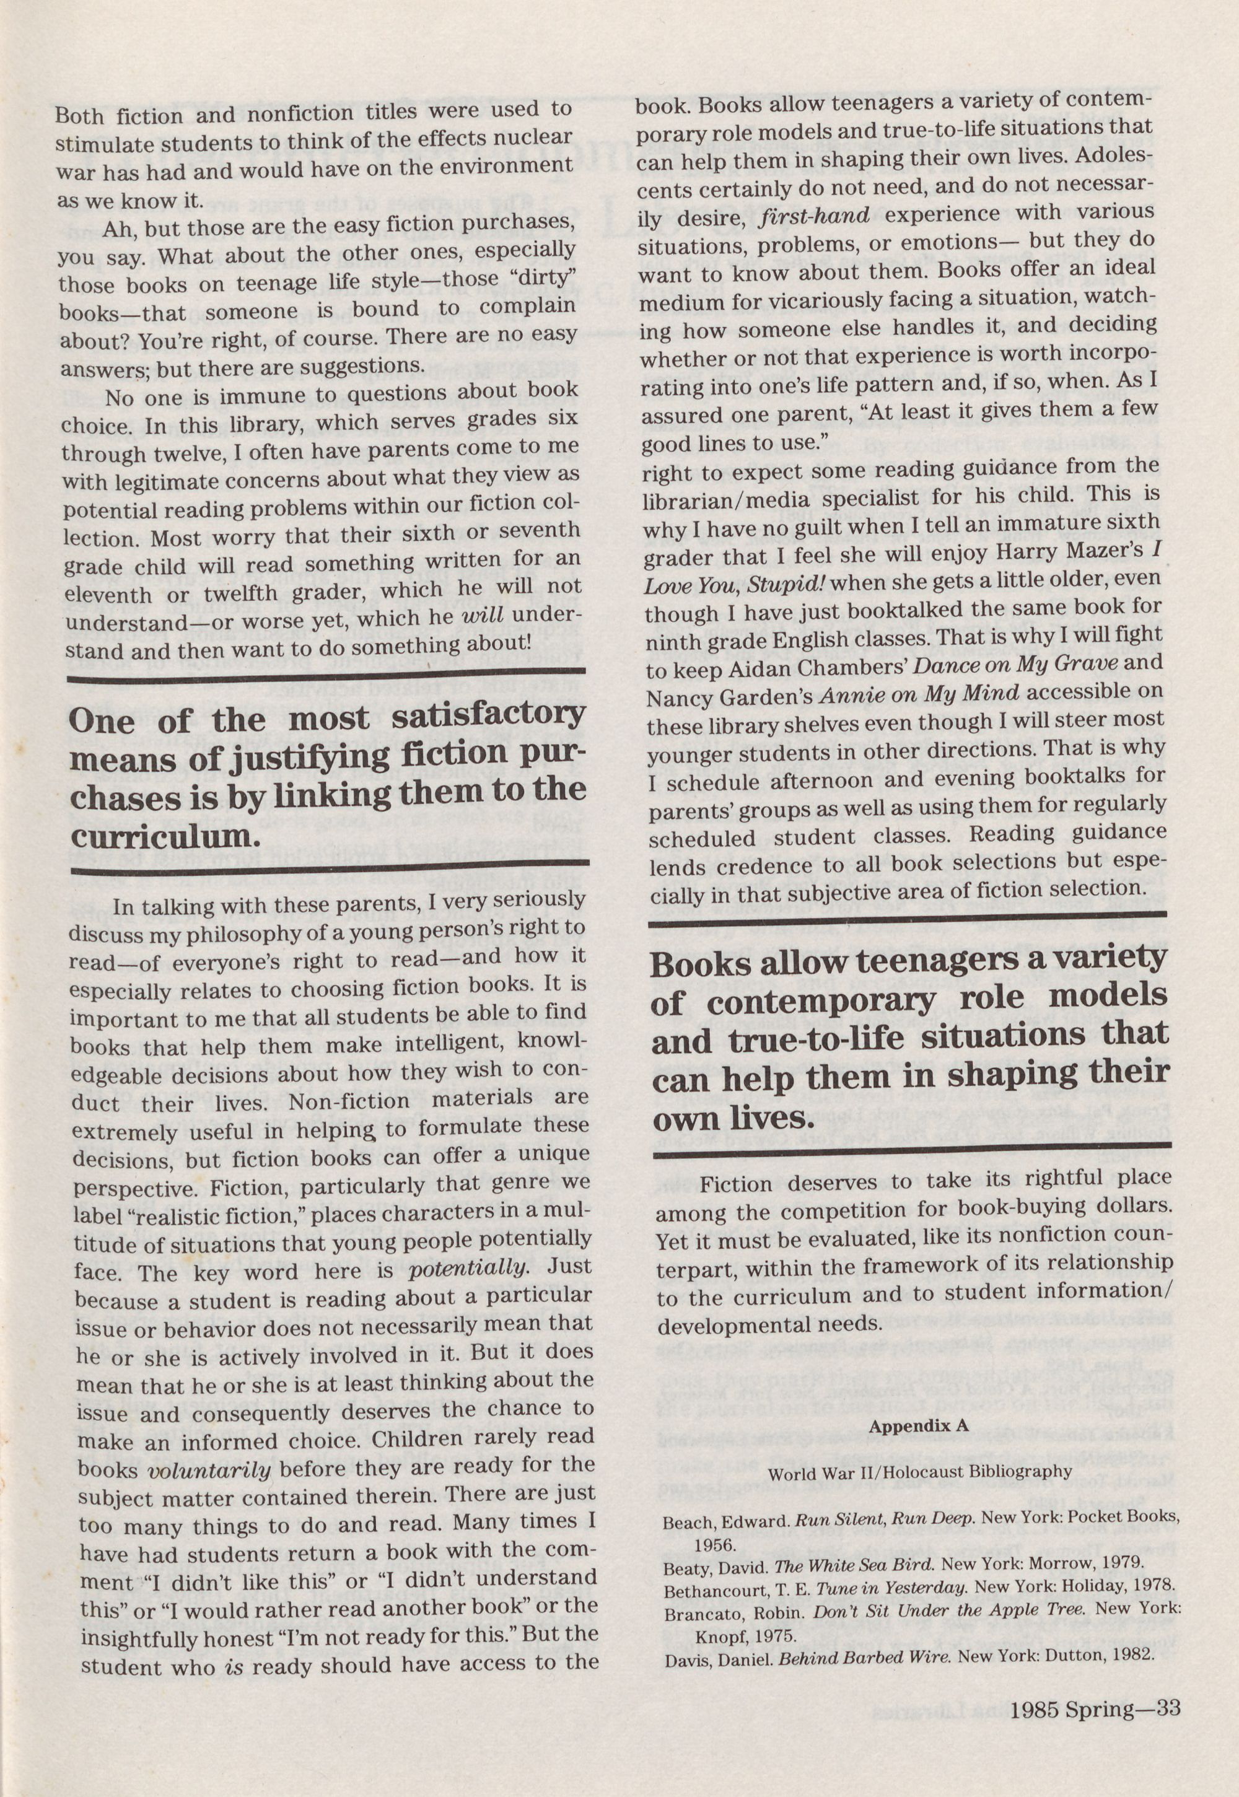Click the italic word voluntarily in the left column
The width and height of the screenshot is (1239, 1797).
point(209,1472)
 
